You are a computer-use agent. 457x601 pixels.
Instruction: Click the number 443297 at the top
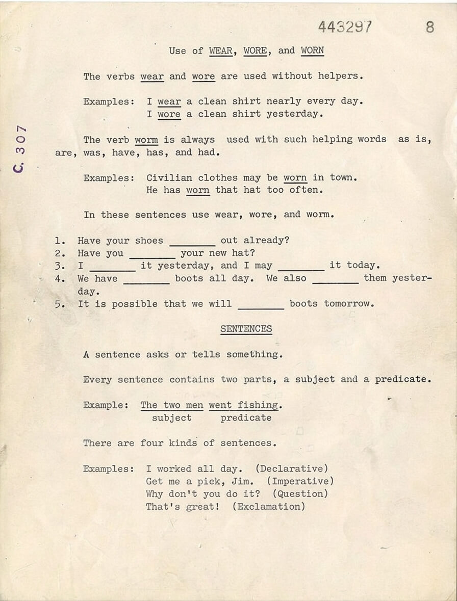coord(345,27)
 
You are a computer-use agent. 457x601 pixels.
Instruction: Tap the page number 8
coord(430,27)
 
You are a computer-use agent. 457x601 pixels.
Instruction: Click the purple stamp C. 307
coord(20,148)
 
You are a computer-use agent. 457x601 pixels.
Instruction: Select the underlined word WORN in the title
coord(312,50)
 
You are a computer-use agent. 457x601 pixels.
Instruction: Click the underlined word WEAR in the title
coord(221,50)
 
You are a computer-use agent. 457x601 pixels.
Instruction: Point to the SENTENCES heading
coord(246,329)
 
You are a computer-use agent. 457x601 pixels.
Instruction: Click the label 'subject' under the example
coord(172,417)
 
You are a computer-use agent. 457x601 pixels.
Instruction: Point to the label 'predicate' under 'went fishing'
coord(246,417)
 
